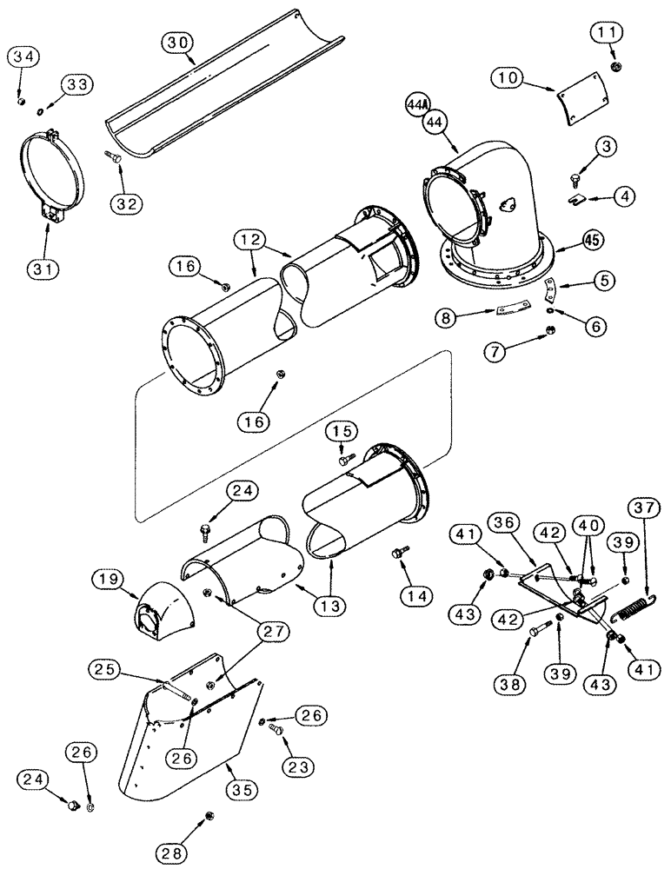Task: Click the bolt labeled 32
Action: pyautogui.click(x=114, y=156)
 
